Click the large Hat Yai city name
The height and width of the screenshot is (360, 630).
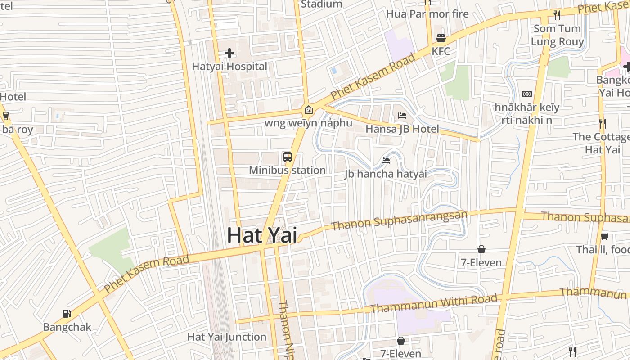click(x=261, y=235)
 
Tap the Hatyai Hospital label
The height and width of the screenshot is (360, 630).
click(x=229, y=67)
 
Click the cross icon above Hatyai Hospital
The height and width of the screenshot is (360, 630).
click(x=229, y=53)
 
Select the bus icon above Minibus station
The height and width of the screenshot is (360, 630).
click(x=287, y=157)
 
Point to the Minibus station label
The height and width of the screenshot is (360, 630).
click(x=287, y=171)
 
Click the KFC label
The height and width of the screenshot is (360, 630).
click(x=441, y=51)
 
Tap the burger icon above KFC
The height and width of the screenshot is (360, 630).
click(x=441, y=38)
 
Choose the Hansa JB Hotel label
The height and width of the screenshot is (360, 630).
click(x=402, y=129)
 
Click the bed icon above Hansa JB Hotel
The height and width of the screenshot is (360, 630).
click(x=402, y=116)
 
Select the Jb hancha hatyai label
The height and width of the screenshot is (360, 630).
click(x=385, y=174)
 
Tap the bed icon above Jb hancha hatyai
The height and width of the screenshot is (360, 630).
click(x=385, y=160)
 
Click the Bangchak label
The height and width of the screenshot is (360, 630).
click(x=67, y=327)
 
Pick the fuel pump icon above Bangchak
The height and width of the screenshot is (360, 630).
click(x=67, y=314)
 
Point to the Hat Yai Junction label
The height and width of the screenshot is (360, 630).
click(x=227, y=337)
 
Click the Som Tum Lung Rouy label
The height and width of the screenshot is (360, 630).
click(x=557, y=35)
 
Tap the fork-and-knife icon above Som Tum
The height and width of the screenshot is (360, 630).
click(x=557, y=15)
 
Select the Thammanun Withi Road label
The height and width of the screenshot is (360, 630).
click(x=434, y=303)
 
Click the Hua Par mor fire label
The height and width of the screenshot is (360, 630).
click(x=427, y=14)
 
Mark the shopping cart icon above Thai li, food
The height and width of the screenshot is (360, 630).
click(x=604, y=236)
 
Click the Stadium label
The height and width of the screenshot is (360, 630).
click(x=321, y=4)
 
